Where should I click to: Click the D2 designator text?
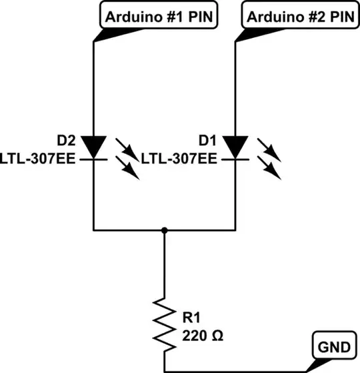tap(66, 141)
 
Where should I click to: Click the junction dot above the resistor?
tap(164, 230)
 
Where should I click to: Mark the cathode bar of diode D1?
tap(236, 159)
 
